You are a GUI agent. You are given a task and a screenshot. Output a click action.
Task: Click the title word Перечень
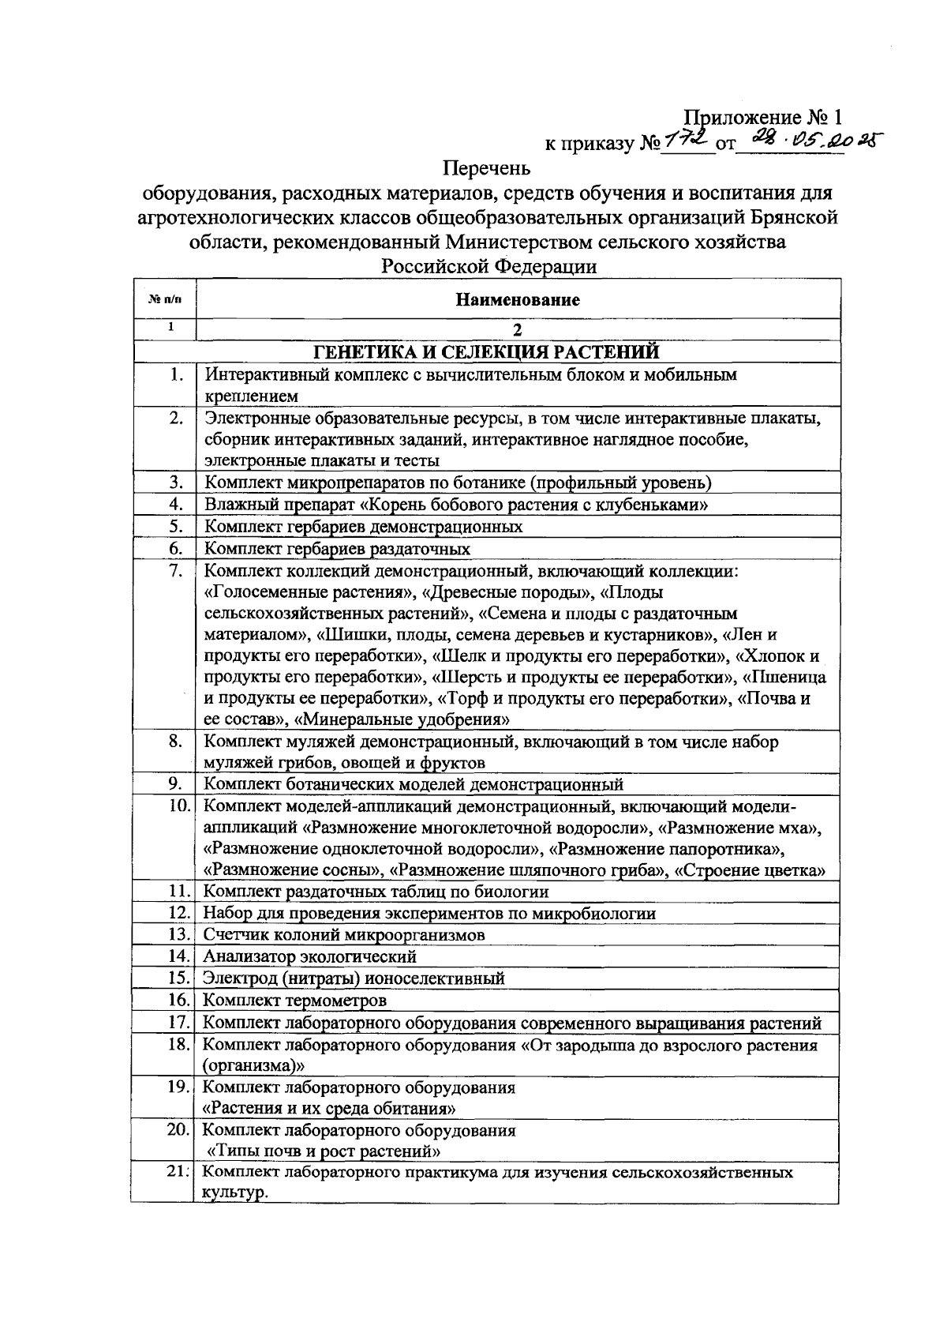(487, 168)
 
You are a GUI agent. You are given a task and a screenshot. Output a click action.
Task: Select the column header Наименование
(517, 299)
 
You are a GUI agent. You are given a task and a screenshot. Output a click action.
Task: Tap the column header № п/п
(164, 299)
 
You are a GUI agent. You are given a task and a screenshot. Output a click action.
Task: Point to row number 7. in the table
(175, 571)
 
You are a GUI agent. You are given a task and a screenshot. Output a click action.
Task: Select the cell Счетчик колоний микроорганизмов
(343, 934)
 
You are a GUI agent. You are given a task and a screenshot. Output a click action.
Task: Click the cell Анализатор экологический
(309, 956)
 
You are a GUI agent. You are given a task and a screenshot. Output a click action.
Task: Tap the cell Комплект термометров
(295, 1001)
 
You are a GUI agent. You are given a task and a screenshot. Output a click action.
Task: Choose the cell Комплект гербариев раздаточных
(337, 548)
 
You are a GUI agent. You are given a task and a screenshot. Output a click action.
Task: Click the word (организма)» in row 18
(255, 1065)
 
